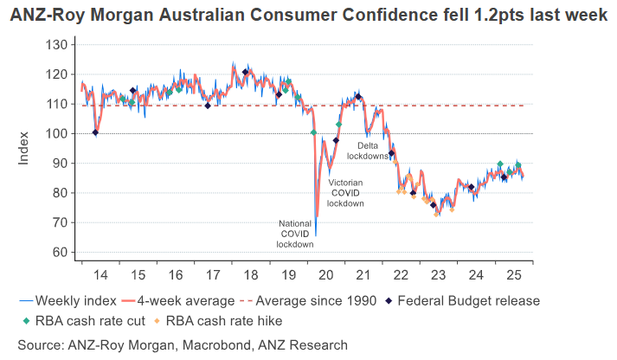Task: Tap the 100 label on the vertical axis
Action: tap(56, 133)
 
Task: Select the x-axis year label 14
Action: tap(100, 275)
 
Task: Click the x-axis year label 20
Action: tap(326, 275)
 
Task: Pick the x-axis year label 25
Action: tap(514, 275)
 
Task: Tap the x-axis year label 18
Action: tap(251, 275)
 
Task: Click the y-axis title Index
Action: tap(24, 149)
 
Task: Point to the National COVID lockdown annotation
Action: tap(294, 234)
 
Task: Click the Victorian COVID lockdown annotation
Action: tap(345, 192)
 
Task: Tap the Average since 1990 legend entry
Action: tap(310, 301)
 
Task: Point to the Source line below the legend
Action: tap(182, 344)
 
